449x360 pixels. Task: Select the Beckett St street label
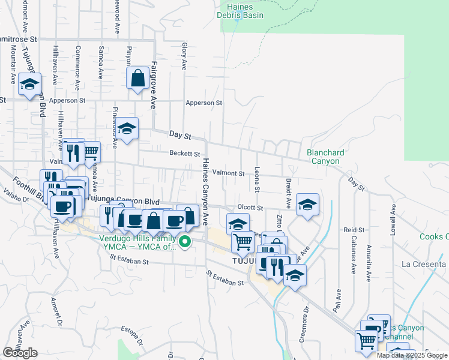(184, 154)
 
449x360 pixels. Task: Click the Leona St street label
(257, 179)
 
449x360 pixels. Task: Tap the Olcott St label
(250, 208)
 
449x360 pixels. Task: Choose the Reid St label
(354, 230)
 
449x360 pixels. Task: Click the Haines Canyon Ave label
(205, 187)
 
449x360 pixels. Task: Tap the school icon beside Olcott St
(307, 205)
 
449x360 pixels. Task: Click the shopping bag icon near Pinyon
(138, 78)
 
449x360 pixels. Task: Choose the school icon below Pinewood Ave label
(127, 129)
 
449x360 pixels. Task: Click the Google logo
(20, 353)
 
